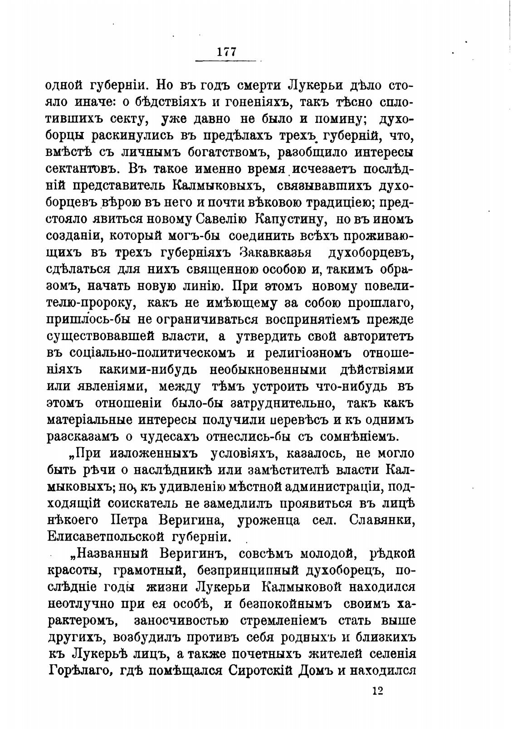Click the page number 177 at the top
click(227, 51)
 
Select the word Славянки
click(383, 519)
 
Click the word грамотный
click(145, 570)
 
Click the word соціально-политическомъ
click(154, 352)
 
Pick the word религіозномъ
click(308, 352)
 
